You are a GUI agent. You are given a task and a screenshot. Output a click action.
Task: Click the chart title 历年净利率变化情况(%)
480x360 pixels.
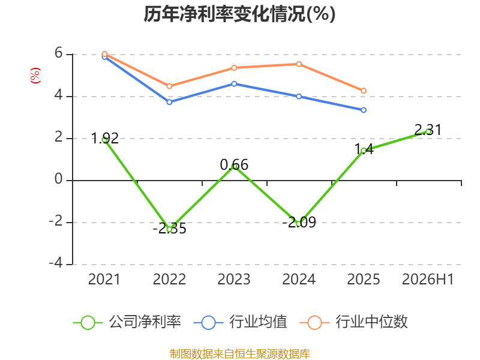pyautogui.click(x=239, y=14)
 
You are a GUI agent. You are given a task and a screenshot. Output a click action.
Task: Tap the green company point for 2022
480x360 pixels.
pyautogui.click(x=169, y=229)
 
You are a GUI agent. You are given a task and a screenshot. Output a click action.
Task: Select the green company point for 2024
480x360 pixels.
pyautogui.click(x=299, y=224)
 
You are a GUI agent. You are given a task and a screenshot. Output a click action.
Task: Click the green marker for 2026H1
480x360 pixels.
pyautogui.click(x=428, y=131)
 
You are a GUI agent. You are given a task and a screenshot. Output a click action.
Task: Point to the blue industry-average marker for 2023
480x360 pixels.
pyautogui.click(x=234, y=84)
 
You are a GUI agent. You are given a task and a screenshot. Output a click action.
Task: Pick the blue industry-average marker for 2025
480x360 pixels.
pyautogui.click(x=364, y=110)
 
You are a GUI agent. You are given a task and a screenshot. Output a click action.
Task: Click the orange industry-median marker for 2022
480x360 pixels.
pyautogui.click(x=169, y=86)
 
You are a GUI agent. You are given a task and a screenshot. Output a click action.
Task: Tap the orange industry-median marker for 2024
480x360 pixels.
pyautogui.click(x=299, y=64)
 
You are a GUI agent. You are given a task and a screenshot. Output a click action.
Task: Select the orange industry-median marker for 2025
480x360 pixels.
pyautogui.click(x=364, y=91)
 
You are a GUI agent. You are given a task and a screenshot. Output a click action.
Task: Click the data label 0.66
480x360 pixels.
pyautogui.click(x=234, y=165)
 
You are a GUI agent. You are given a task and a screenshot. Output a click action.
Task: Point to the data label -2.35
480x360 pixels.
pyautogui.click(x=170, y=229)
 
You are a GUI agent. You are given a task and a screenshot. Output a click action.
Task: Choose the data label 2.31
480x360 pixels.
pyautogui.click(x=428, y=130)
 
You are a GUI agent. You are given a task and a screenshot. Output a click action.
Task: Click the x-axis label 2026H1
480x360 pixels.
pyautogui.click(x=428, y=280)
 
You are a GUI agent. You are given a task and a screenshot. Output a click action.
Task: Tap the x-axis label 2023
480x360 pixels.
pyautogui.click(x=234, y=280)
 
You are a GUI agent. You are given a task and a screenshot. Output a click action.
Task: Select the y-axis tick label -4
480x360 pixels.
pyautogui.click(x=56, y=263)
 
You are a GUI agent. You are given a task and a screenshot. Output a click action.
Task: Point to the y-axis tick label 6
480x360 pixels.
pyautogui.click(x=58, y=53)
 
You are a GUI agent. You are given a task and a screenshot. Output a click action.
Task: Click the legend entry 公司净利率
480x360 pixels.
pyautogui.click(x=127, y=322)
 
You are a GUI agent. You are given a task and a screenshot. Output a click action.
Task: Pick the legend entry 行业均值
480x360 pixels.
pyautogui.click(x=241, y=322)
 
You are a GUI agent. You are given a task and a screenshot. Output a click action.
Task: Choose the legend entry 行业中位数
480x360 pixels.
pyautogui.click(x=354, y=322)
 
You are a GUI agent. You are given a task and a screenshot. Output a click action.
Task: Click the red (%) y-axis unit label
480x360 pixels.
pyautogui.click(x=35, y=76)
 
